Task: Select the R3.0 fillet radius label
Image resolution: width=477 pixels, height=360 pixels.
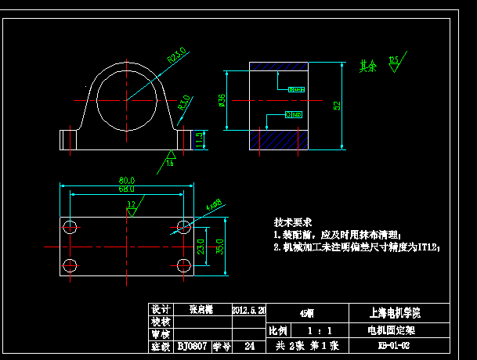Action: click(184, 101)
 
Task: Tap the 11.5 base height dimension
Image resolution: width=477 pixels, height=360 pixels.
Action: click(200, 138)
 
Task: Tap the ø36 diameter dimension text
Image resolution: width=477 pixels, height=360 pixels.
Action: click(222, 100)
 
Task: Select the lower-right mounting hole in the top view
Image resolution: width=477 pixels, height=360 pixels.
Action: click(184, 264)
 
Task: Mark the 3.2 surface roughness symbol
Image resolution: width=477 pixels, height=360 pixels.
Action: click(131, 207)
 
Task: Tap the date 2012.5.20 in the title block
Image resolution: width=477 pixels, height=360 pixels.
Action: click(249, 310)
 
